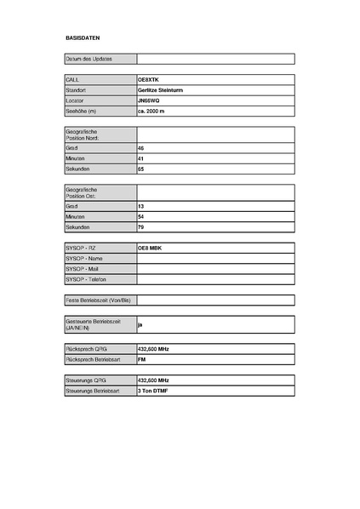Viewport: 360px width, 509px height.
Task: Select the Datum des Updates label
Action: pos(89,59)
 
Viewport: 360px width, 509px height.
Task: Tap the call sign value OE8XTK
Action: pos(148,79)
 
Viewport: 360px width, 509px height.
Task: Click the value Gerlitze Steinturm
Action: pos(161,89)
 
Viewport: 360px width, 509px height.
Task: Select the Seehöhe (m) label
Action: pos(81,111)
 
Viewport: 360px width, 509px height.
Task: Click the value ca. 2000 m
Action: pos(152,111)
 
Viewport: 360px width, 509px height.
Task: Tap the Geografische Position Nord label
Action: pos(83,134)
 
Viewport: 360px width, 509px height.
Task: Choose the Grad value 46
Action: pos(141,148)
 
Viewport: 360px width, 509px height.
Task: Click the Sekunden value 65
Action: pos(141,169)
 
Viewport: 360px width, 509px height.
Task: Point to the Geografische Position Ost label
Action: pos(82,192)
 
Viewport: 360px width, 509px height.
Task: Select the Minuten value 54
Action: pos(141,217)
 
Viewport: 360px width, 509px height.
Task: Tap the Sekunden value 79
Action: pos(141,228)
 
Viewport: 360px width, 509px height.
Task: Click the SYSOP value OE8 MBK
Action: pos(150,248)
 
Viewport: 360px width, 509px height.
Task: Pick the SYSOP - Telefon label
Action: pos(85,279)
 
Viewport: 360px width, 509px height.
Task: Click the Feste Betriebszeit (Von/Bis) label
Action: pos(98,300)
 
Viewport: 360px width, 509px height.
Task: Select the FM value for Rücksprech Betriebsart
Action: pos(142,360)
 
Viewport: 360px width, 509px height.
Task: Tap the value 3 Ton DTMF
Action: pos(153,391)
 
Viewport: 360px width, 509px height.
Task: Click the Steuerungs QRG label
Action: pos(85,380)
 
